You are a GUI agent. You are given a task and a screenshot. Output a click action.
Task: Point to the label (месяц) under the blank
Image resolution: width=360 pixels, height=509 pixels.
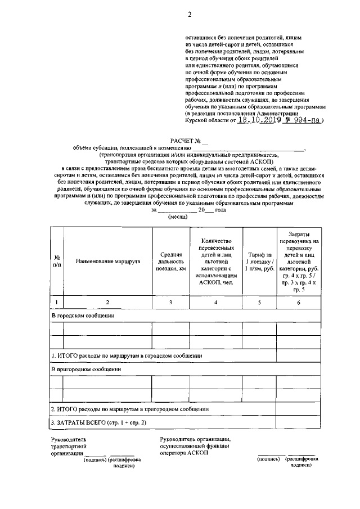pyautogui.click(x=179, y=217)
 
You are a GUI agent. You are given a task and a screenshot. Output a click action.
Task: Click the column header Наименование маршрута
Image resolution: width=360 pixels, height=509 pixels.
pyautogui.click(x=108, y=262)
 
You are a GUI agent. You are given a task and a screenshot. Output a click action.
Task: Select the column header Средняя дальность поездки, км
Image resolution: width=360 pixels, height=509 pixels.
pyautogui.click(x=170, y=262)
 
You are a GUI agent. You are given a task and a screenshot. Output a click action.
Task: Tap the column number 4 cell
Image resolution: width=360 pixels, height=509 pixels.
pyautogui.click(x=216, y=303)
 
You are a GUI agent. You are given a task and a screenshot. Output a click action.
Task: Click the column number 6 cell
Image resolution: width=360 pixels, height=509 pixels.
pyautogui.click(x=299, y=303)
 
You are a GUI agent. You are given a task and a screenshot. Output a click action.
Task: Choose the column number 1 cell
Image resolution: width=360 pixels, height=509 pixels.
pyautogui.click(x=57, y=303)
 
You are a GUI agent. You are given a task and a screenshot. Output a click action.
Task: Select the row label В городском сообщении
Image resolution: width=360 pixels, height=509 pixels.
pyautogui.click(x=83, y=316)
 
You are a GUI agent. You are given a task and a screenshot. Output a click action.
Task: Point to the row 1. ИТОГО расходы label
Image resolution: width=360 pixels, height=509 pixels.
pyautogui.click(x=127, y=355)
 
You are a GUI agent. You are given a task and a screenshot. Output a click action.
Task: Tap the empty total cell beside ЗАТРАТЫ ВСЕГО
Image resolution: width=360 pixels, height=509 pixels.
pyautogui.click(x=299, y=422)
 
